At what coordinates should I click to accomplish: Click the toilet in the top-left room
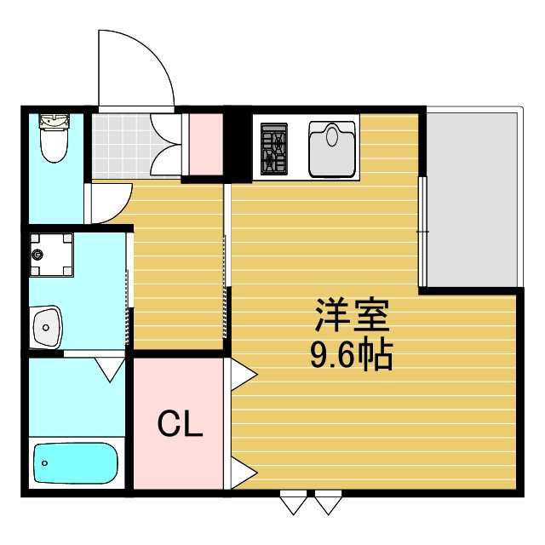(53, 139)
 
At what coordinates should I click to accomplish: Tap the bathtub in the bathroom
(75, 464)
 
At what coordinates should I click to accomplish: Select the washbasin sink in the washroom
(46, 324)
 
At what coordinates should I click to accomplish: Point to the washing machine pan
(51, 255)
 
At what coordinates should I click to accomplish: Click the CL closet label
(181, 423)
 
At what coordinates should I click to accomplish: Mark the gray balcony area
(473, 200)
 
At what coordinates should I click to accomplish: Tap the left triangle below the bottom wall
(293, 504)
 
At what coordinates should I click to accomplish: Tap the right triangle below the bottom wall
(327, 504)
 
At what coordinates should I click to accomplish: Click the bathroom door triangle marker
(109, 368)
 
